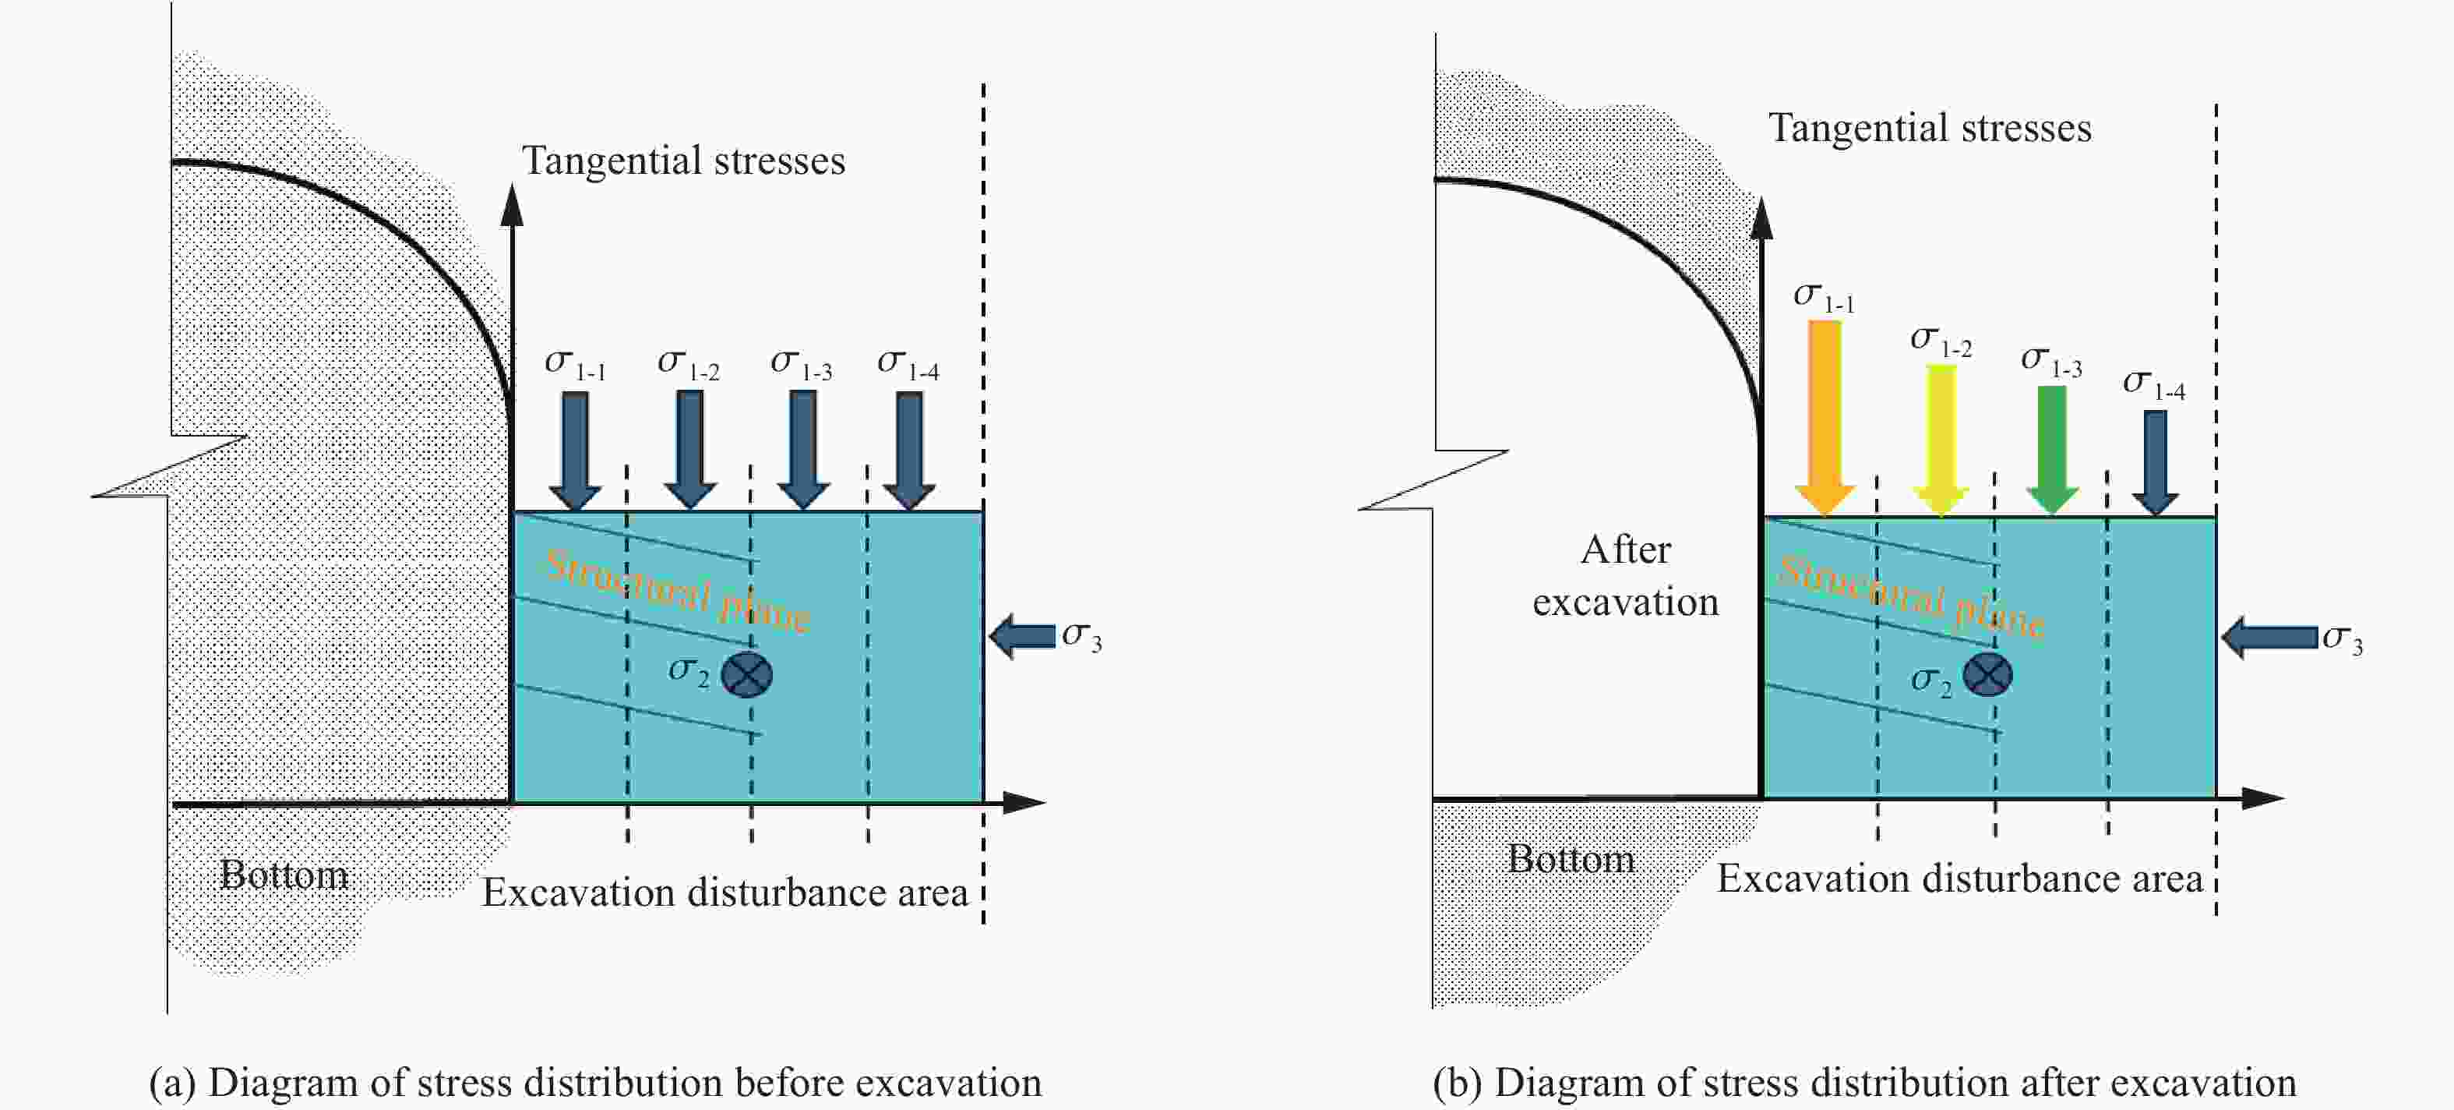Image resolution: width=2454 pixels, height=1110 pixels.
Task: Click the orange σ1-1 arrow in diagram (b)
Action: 1825,417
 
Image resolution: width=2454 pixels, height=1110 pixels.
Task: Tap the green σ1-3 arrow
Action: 2051,450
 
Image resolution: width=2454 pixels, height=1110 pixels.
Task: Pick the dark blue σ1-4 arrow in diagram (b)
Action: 2155,462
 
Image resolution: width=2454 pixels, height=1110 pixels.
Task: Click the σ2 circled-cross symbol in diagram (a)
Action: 747,674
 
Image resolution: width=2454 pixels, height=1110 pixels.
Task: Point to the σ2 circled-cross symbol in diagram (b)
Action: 1987,674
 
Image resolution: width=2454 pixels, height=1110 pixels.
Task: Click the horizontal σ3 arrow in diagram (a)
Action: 1022,635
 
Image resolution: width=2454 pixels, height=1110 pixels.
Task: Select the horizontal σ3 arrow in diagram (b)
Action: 2269,638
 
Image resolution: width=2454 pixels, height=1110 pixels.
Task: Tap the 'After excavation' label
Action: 1625,575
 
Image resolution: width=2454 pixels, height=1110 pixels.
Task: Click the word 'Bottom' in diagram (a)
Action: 284,875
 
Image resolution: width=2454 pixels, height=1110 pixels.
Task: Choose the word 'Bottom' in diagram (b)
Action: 1571,858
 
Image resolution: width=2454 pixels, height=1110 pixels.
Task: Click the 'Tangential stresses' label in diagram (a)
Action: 683,160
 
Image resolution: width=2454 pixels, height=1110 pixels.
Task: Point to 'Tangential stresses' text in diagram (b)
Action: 1930,128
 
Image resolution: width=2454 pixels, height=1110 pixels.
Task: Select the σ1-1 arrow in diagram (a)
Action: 574,451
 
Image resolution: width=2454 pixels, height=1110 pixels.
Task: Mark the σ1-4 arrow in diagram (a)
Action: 909,451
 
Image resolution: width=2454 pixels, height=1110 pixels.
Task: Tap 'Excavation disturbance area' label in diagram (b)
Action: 1959,878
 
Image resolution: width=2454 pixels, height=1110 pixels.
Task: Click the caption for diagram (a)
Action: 595,1083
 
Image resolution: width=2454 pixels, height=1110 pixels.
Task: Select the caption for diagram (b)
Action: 1864,1083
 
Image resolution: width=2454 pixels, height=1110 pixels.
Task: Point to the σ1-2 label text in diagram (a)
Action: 688,364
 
